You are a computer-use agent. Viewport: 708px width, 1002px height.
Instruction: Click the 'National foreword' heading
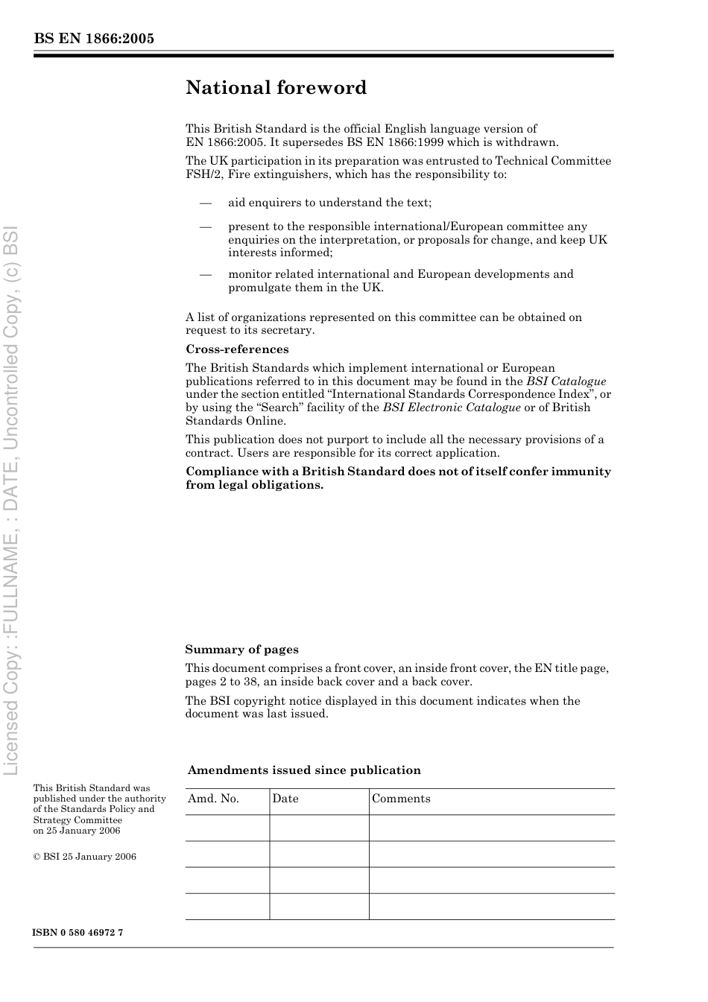pos(276,88)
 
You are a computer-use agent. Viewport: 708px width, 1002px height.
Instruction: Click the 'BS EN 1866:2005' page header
pos(94,39)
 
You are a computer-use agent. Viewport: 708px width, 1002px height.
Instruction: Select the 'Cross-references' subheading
pos(237,349)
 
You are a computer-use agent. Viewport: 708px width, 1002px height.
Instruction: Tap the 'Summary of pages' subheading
pos(241,650)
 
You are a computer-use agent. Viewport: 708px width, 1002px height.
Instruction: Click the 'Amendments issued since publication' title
pos(304,770)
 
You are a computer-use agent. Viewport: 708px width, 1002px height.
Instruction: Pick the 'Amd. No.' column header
pos(213,799)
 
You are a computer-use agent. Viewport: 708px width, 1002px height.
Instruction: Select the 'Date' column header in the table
pos(285,799)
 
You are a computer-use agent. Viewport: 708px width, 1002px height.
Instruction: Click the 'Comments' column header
pos(401,799)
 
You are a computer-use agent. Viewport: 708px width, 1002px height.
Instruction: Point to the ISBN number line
pos(78,933)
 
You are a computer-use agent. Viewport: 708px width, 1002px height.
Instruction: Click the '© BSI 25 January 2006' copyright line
pos(85,857)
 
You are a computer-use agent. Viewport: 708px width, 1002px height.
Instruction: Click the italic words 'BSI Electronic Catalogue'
pos(452,408)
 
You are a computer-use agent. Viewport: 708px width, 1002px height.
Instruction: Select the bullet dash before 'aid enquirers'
pos(206,203)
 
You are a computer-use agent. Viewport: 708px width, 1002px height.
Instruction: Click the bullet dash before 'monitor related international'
pos(206,274)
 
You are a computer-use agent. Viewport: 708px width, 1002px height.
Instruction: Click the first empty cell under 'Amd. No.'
pos(227,828)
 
